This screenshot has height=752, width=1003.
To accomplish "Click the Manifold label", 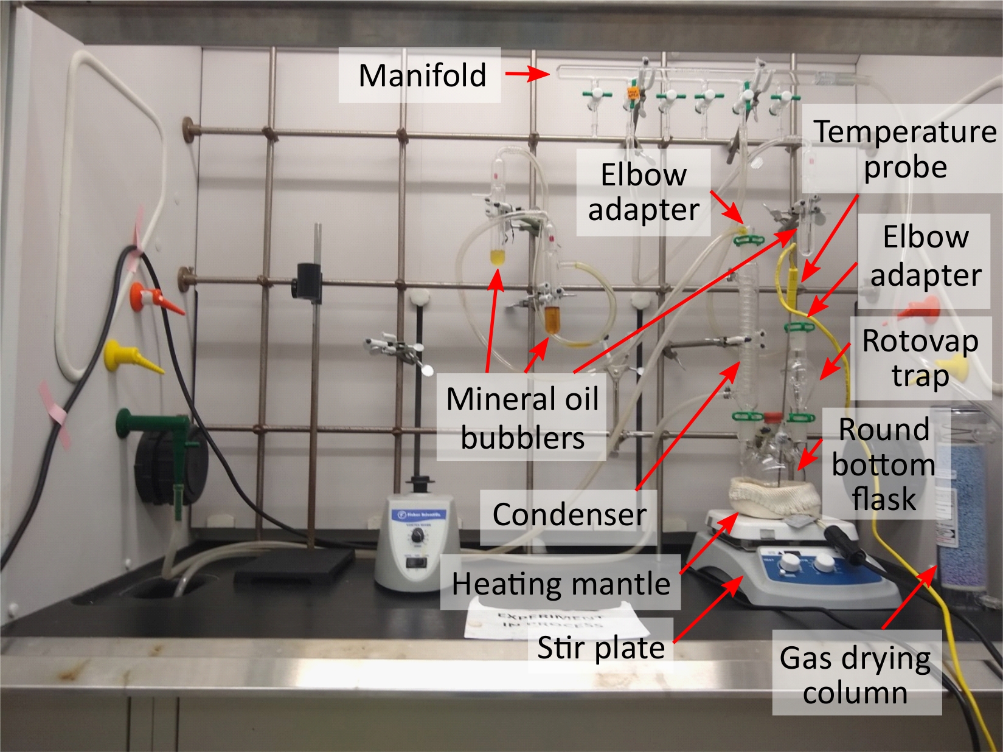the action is tap(422, 75).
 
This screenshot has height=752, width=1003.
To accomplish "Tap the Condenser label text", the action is tap(569, 514).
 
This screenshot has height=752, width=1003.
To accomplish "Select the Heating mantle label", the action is tap(561, 584).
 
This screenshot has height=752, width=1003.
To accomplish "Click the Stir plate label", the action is tap(601, 647).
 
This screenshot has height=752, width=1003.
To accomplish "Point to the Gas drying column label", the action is tap(855, 675).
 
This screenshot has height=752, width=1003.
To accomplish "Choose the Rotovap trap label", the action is tap(920, 358).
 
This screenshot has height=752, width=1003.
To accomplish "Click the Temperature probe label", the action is tap(905, 149).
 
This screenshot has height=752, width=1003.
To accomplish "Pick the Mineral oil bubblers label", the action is tap(522, 418).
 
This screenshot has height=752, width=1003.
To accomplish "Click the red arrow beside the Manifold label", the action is tap(527, 75).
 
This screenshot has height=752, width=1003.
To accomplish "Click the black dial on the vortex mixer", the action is tap(418, 536).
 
